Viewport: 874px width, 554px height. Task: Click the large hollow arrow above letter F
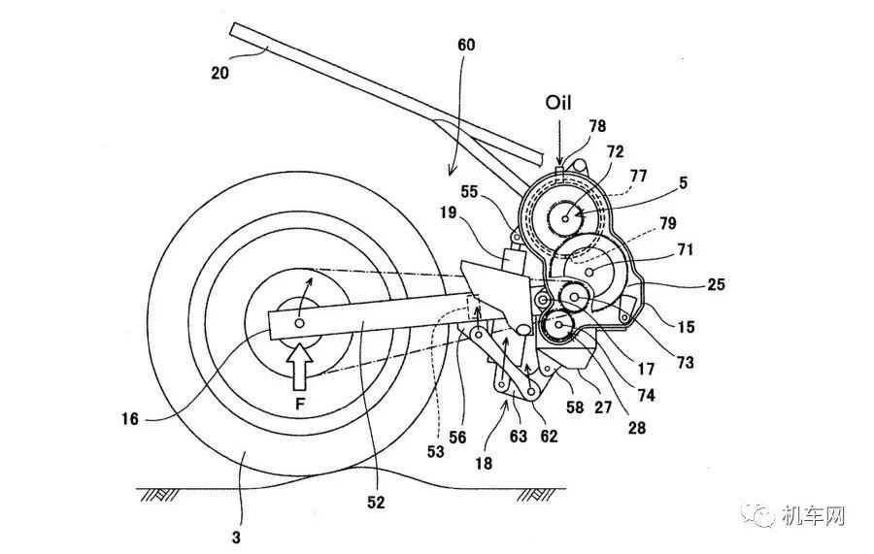point(300,365)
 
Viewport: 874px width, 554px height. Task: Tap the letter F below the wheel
point(300,404)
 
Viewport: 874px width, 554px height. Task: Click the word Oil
point(558,103)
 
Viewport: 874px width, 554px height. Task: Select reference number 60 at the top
point(466,45)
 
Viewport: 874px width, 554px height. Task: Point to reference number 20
point(219,73)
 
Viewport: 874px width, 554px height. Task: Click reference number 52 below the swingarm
point(376,503)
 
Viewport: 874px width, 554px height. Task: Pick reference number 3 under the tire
point(236,538)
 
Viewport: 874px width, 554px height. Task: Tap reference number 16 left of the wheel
point(130,418)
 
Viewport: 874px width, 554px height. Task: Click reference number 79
point(667,223)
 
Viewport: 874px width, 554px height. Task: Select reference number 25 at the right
point(716,284)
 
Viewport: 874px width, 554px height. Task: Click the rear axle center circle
point(300,323)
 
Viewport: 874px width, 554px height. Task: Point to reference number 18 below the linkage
point(484,463)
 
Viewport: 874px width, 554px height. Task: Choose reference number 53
point(435,451)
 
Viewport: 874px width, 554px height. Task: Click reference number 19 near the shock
point(448,212)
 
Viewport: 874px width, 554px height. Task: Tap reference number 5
point(683,182)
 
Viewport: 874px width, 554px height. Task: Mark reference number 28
point(636,428)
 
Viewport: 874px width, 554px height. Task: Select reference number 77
point(638,176)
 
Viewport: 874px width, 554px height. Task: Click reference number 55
point(469,191)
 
